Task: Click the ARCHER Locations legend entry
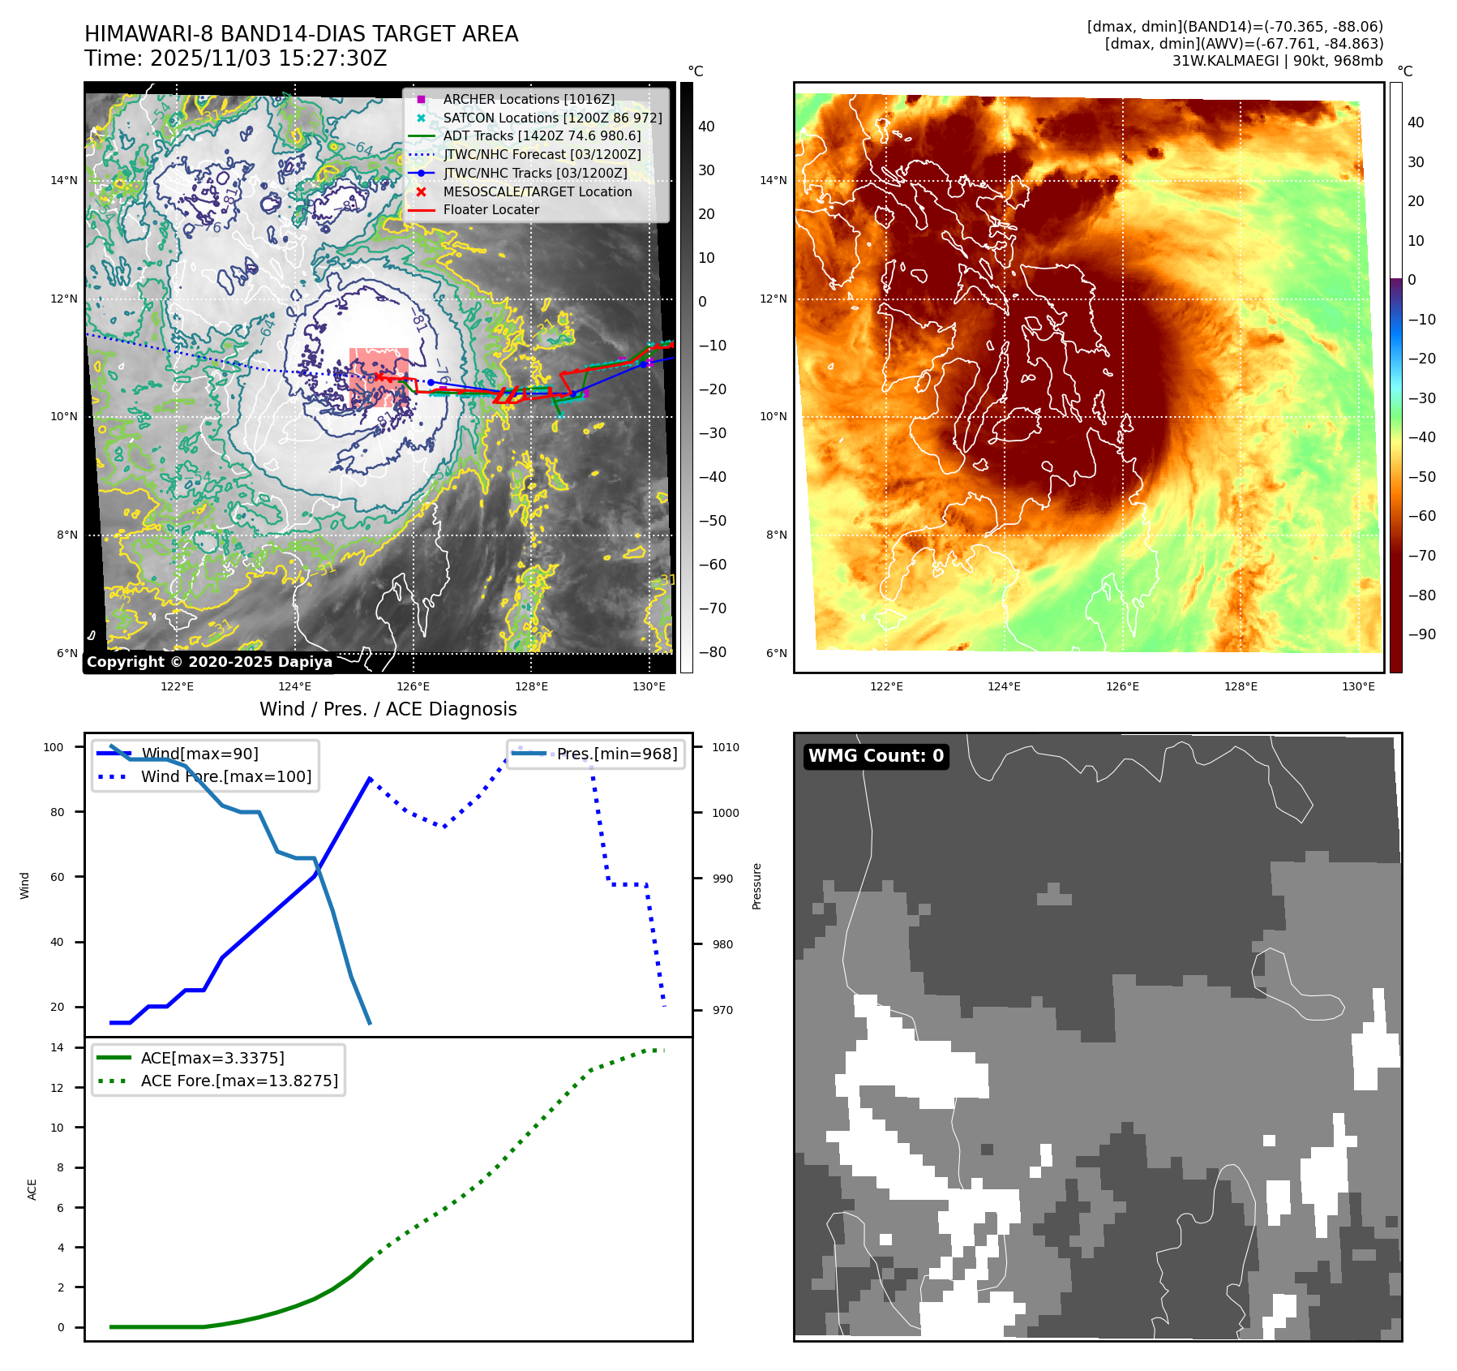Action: pyautogui.click(x=529, y=99)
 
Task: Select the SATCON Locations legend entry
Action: pyautogui.click(x=552, y=118)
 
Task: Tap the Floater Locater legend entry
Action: pyautogui.click(x=491, y=209)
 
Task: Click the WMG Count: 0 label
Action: pyautogui.click(x=876, y=755)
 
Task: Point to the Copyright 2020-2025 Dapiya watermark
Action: pyautogui.click(x=209, y=662)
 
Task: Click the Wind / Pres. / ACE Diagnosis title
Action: pyautogui.click(x=388, y=709)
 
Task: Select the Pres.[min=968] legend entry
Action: pyautogui.click(x=616, y=754)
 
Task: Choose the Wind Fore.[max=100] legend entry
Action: pyautogui.click(x=225, y=776)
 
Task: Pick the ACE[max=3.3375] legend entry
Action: pyautogui.click(x=212, y=1058)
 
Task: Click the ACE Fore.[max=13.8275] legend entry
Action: pyautogui.click(x=239, y=1081)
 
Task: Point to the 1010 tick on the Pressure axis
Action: pyautogui.click(x=726, y=747)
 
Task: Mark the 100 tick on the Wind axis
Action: pyautogui.click(x=54, y=747)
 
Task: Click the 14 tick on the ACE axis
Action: pyautogui.click(x=57, y=1047)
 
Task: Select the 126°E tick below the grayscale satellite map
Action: pyautogui.click(x=413, y=686)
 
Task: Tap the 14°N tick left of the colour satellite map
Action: pyautogui.click(x=773, y=180)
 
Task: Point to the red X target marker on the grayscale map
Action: pyautogui.click(x=379, y=377)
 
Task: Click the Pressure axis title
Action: pyautogui.click(x=756, y=886)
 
